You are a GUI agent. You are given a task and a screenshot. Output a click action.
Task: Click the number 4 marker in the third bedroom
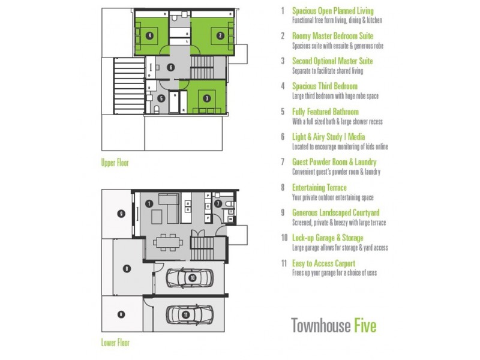point(149,35)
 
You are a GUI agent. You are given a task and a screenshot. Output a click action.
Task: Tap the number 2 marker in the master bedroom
point(220,35)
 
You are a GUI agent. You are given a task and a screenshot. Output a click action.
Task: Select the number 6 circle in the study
point(171,67)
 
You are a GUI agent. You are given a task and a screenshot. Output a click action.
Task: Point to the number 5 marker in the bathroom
point(161,98)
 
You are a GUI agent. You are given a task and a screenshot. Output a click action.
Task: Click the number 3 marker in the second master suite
point(207,98)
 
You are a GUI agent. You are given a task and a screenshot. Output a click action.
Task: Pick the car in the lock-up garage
point(190,278)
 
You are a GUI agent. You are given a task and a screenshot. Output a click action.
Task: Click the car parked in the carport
point(190,314)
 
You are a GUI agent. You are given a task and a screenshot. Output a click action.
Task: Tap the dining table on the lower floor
point(168,242)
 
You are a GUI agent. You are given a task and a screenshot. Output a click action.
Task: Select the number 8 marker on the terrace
point(127,269)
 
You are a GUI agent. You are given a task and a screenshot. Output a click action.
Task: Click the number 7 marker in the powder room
point(218,203)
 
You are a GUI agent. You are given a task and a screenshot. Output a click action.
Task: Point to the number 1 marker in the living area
point(149,203)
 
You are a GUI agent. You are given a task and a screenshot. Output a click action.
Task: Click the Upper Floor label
point(115,163)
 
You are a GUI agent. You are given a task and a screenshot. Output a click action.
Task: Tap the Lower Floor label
point(115,343)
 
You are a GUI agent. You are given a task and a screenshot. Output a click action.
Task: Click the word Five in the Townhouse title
point(365,325)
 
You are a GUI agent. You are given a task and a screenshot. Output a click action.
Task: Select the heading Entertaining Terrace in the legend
point(319,187)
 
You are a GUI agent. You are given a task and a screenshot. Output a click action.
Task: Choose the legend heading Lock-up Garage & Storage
point(328,238)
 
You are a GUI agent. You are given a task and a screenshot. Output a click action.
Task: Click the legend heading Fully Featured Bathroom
point(325,112)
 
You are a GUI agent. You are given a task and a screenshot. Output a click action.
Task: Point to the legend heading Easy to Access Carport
point(323,263)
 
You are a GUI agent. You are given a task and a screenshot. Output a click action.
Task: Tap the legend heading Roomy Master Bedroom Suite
point(333,36)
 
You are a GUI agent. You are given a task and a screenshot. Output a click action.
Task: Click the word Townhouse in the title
point(321,325)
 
